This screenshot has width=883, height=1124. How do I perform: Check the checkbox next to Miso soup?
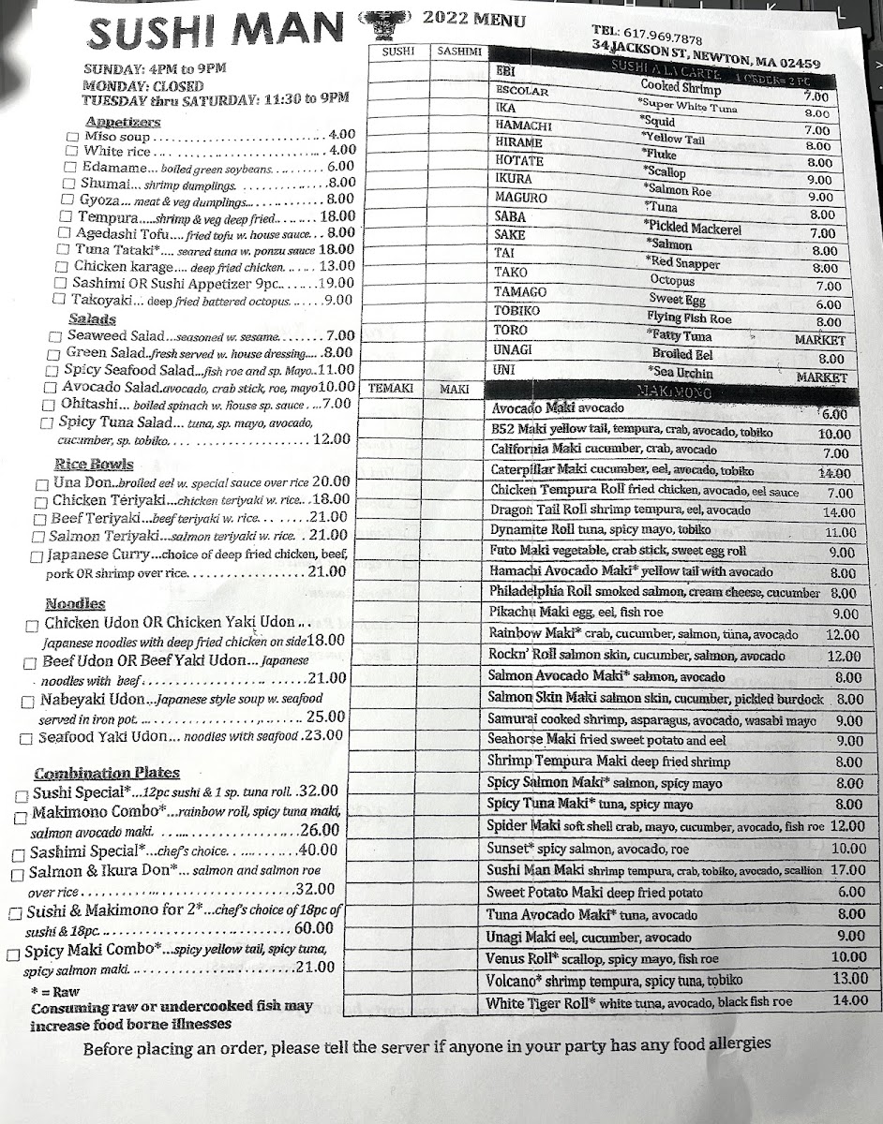[x=72, y=137]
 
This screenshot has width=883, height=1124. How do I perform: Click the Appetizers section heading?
[x=123, y=122]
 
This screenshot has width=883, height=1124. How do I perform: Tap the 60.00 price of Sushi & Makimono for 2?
[x=314, y=929]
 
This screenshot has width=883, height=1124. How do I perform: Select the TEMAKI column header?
[x=391, y=388]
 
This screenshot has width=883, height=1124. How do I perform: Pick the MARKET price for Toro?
[x=819, y=340]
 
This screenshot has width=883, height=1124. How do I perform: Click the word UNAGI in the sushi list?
[x=514, y=349]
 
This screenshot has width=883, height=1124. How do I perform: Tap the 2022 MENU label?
[x=473, y=20]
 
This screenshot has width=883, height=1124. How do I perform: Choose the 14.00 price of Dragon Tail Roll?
[x=838, y=513]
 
